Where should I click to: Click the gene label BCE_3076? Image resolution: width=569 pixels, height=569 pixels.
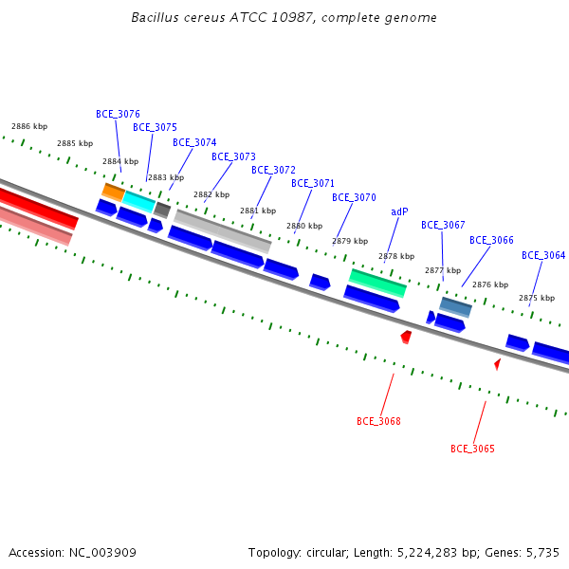pos(118,114)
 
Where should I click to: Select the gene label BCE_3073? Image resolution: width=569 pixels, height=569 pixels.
pos(233,156)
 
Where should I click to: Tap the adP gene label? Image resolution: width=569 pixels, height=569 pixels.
pos(399,211)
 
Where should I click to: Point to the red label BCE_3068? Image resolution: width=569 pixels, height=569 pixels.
pos(378,421)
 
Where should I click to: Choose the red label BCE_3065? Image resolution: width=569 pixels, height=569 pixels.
pos(472,449)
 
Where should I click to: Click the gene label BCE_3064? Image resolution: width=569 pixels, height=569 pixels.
pos(543,255)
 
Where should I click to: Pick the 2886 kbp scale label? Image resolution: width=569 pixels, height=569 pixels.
pos(29,126)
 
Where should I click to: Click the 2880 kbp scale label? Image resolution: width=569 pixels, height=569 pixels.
pos(304,226)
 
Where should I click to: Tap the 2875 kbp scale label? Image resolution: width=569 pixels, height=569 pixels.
pos(537,298)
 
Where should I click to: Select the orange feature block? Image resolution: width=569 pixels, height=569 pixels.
pos(114,193)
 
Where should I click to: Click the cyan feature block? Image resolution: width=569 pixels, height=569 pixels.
pos(139,202)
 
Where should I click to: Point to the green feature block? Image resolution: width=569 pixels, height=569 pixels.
pos(377,284)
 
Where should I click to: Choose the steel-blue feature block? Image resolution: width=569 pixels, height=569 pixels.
pos(455,307)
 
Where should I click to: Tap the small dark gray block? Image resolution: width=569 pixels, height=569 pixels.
pos(162,211)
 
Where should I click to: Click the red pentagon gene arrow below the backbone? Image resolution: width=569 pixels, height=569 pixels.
pos(406,337)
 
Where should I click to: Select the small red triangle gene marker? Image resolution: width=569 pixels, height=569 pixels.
pos(498,364)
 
